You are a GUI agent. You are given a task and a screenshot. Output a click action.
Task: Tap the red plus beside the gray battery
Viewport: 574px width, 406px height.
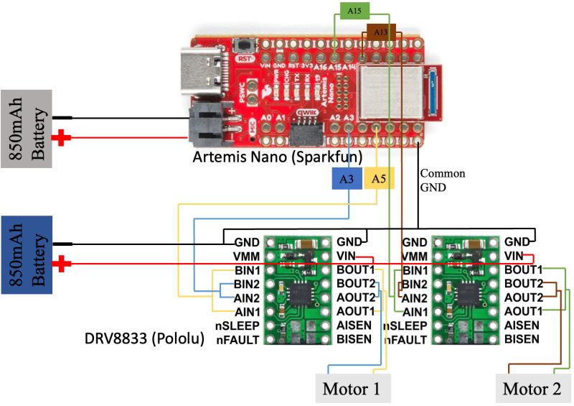[65, 138]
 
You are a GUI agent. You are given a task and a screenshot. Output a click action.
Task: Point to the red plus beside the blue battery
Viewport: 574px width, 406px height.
[65, 265]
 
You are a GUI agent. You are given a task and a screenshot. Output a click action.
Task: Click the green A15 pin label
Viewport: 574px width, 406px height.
[354, 11]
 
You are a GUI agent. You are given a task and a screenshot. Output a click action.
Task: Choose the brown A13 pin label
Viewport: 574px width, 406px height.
[380, 32]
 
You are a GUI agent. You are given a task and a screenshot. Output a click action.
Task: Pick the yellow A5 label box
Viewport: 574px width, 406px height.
[379, 179]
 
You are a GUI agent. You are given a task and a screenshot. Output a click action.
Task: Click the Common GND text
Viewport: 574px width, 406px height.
[442, 180]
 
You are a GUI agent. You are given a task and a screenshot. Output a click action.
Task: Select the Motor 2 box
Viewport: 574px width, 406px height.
[532, 389]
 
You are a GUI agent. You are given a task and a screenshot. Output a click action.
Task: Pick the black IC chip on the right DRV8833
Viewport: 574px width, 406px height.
[469, 292]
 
